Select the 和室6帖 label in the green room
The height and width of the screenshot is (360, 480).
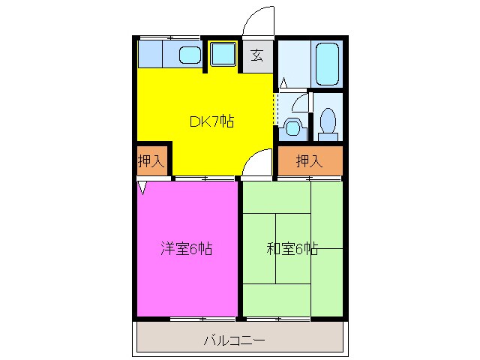pos(292,249)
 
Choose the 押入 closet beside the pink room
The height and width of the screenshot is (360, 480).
pos(151,160)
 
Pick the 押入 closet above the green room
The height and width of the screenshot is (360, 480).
pos(309,160)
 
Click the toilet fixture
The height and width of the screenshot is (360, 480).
pos(327,123)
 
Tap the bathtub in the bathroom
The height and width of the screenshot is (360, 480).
pos(327,64)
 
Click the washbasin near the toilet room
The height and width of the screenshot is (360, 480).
pos(292,127)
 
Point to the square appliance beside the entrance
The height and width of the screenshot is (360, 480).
pos(223,54)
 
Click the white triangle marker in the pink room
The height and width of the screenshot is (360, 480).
pos(142,187)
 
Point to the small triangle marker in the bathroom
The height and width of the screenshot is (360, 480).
pos(283,83)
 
